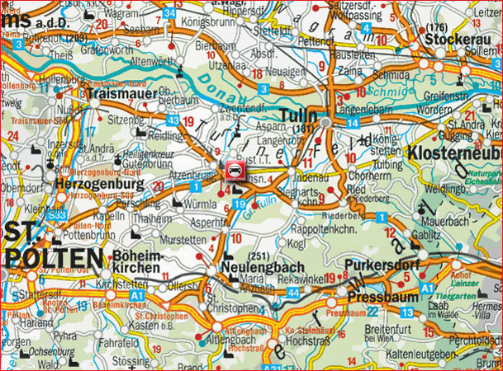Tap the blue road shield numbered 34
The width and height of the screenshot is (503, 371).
[x=169, y=13]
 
